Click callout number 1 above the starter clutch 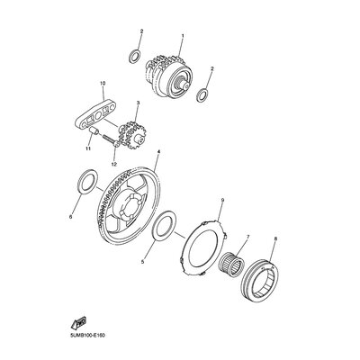[x=183, y=36]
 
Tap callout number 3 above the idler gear [x=138, y=103]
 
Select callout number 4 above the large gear [x=158, y=151]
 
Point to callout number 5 [x=143, y=262]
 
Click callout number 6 [x=71, y=216]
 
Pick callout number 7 [x=247, y=237]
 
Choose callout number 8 [x=275, y=238]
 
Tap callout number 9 [x=222, y=200]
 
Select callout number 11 [x=88, y=148]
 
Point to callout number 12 [x=114, y=164]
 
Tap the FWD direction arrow [x=78, y=323]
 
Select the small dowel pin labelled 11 [x=93, y=130]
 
